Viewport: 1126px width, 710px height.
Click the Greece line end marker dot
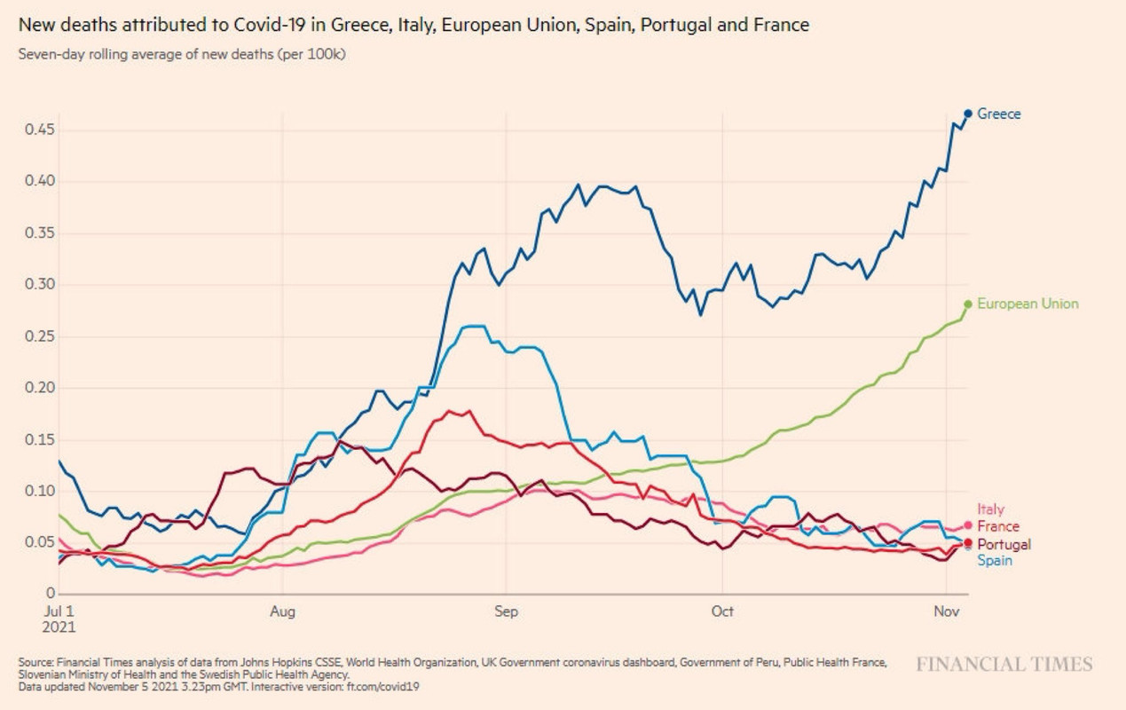point(968,114)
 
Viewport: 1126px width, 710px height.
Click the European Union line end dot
point(968,304)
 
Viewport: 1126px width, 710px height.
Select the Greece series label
point(999,114)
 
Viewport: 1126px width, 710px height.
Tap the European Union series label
point(1028,304)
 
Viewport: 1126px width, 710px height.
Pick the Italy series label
point(991,509)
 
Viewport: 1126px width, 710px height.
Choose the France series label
point(998,526)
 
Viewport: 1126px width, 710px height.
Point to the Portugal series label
point(1004,544)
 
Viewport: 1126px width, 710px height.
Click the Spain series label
point(995,561)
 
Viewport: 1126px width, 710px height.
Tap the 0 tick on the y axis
point(51,594)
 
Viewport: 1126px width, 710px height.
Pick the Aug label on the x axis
point(282,611)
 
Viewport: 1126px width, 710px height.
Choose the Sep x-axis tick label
point(505,611)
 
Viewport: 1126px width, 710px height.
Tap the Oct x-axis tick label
point(722,611)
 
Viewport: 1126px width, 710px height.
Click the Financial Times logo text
point(1004,664)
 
